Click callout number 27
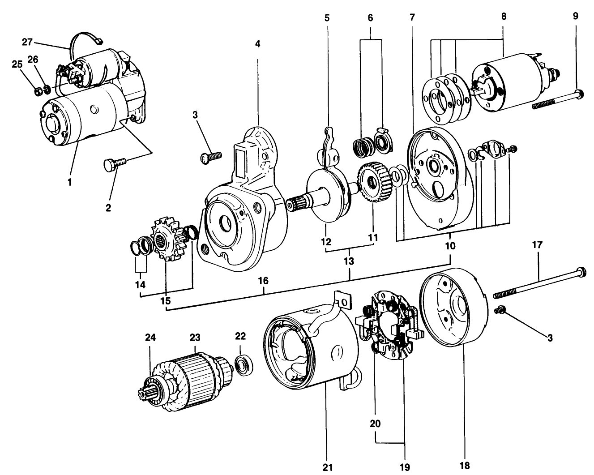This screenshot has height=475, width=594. [x=27, y=43]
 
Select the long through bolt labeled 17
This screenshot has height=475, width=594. [x=537, y=283]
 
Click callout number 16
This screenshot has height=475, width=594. [x=263, y=281]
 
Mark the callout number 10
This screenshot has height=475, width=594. [x=450, y=246]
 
